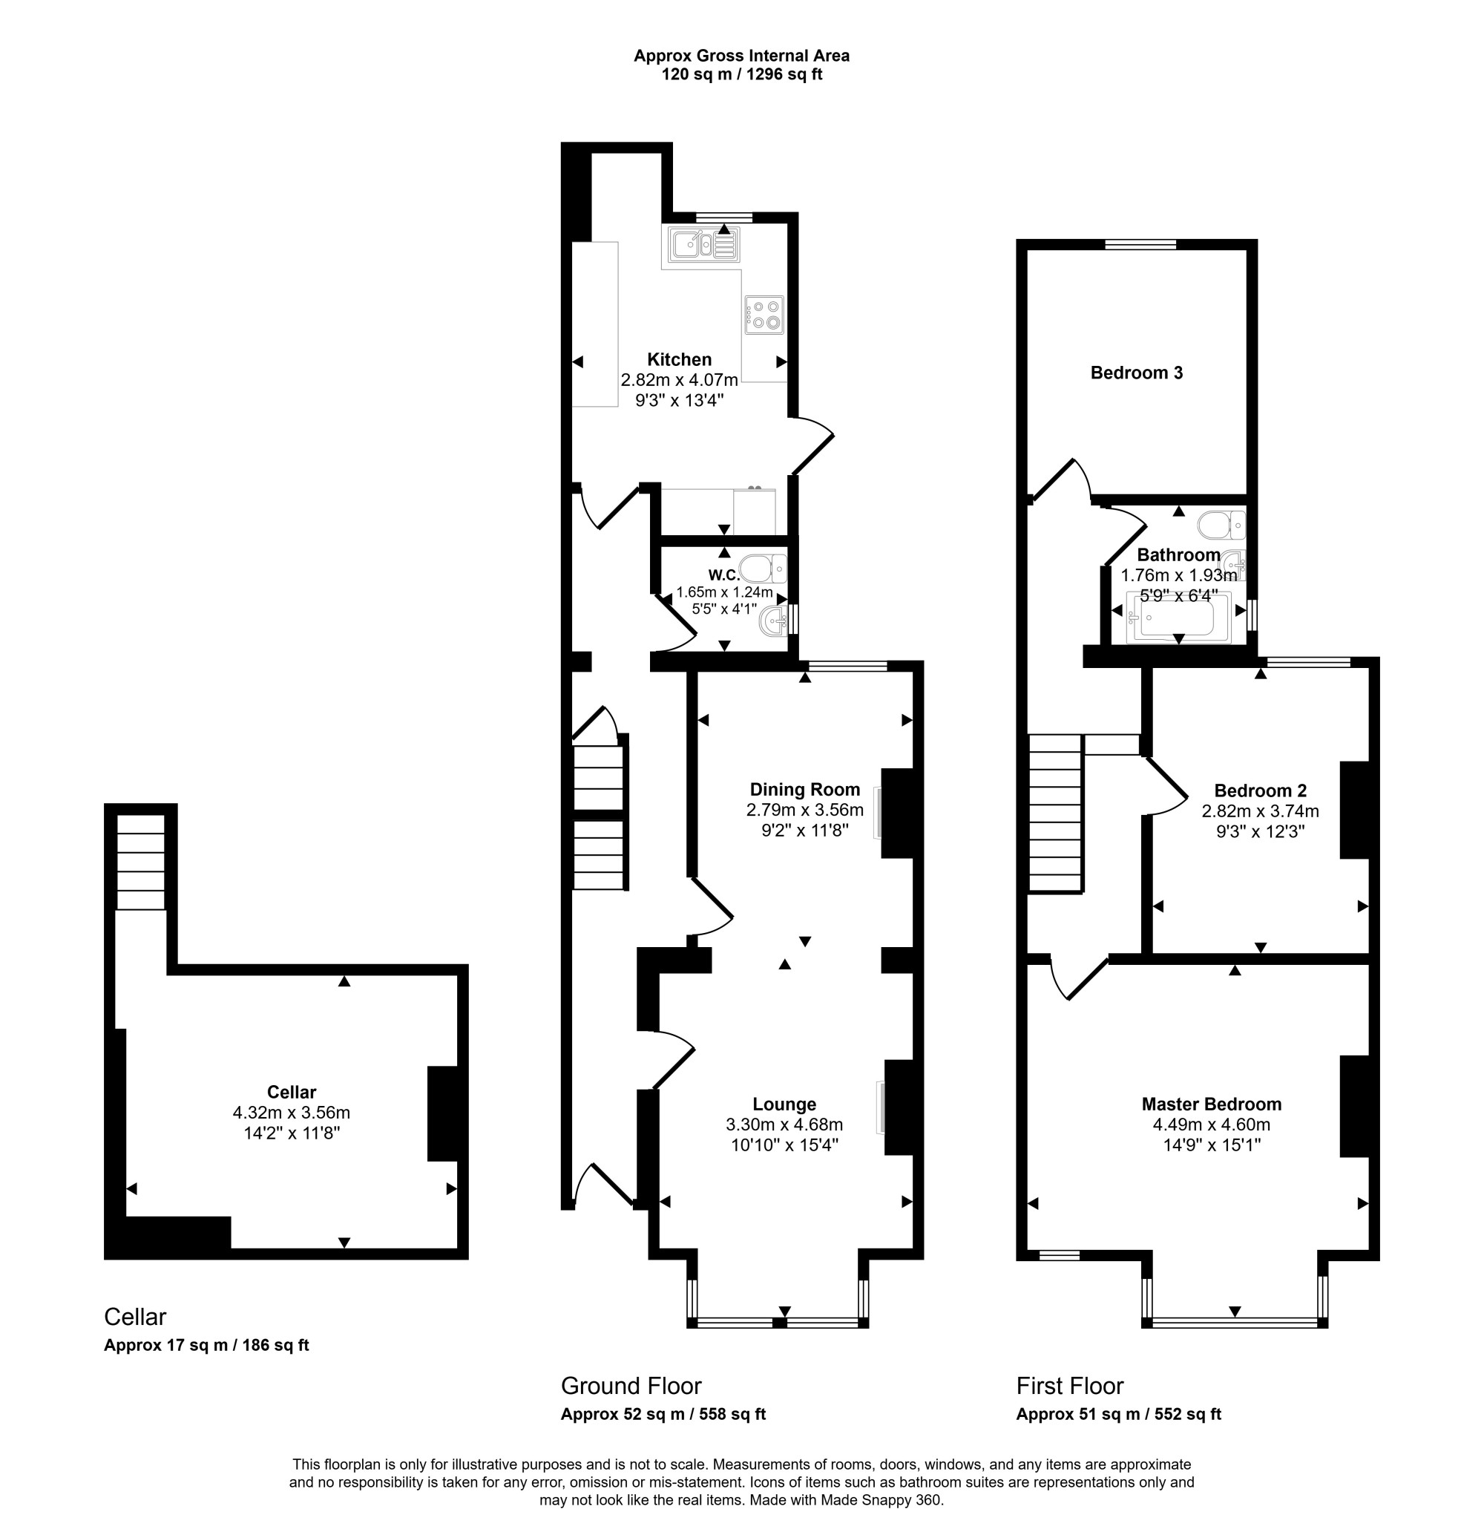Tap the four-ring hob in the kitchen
764,314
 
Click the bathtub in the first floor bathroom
1178,618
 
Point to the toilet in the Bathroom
1221,526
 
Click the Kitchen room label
679,359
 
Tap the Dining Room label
805,790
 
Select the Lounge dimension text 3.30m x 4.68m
784,1125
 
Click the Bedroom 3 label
1136,373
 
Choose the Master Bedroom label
1211,1104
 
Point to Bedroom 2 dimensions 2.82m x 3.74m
1261,811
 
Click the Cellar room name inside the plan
292,1092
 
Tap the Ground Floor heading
631,1386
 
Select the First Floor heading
1070,1386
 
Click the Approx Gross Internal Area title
741,56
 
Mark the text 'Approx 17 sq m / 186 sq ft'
206,1345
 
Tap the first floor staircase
1055,813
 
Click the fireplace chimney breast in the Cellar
442,1113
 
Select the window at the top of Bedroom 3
1140,245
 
